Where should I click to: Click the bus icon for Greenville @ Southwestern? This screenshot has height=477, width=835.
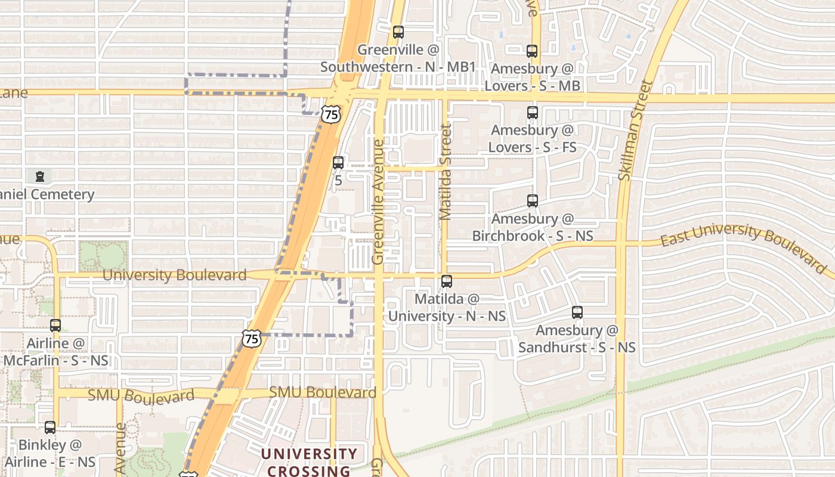click(398, 32)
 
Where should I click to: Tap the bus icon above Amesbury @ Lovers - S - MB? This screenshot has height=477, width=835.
click(532, 51)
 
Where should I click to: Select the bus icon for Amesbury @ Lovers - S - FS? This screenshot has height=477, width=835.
click(532, 113)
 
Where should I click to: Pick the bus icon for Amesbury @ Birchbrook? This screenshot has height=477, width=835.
click(532, 201)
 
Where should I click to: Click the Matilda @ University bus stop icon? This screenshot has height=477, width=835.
click(447, 281)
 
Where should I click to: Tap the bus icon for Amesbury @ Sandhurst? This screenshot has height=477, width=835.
click(577, 312)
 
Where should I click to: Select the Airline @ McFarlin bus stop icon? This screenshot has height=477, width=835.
click(55, 326)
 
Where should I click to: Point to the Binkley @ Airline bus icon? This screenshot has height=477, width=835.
click(50, 428)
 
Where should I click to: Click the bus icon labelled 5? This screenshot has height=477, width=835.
click(338, 163)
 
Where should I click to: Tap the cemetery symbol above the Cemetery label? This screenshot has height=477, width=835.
click(40, 176)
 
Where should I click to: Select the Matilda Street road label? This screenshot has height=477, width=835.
click(445, 172)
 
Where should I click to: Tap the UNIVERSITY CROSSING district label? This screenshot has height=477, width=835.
click(309, 462)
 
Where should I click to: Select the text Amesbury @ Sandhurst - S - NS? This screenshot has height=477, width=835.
click(577, 339)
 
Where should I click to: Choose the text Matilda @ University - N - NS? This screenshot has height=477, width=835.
click(447, 307)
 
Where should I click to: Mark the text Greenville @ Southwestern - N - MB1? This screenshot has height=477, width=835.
click(398, 58)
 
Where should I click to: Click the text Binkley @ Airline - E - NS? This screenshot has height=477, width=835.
click(50, 453)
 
